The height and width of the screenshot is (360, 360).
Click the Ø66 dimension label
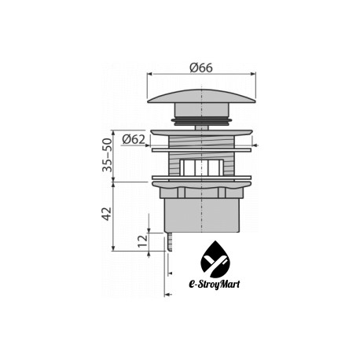pos(201,68)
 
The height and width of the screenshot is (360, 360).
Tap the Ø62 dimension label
pos(134,139)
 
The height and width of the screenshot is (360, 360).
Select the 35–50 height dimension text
pos(107,155)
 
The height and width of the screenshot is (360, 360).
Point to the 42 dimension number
pos(107,214)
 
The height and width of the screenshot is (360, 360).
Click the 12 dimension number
pos(143,241)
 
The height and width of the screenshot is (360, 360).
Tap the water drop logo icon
pos(215,259)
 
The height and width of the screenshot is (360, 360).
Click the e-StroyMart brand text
pos(214,284)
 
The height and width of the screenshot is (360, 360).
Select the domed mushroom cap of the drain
pos(201,97)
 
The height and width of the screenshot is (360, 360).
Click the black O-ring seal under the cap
pos(201,121)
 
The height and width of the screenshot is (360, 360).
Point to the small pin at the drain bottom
pos(170,241)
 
